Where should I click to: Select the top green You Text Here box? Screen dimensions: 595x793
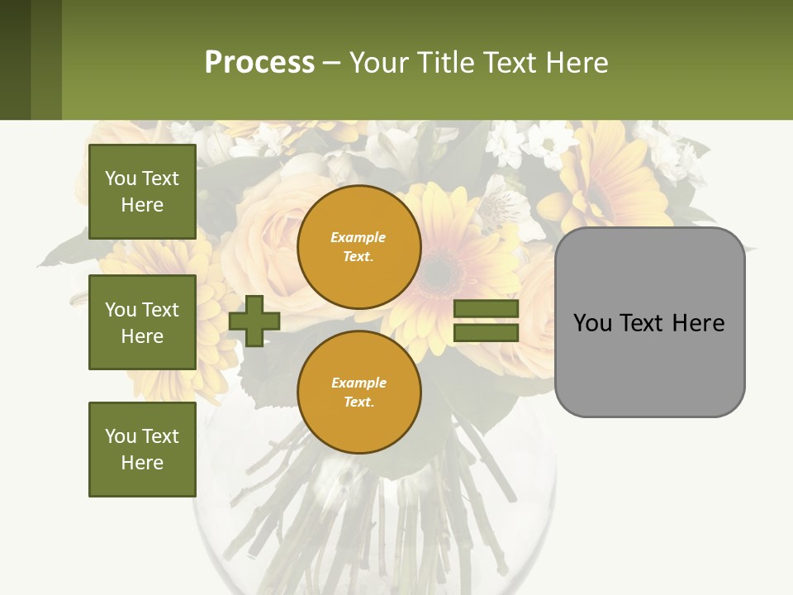click(142, 192)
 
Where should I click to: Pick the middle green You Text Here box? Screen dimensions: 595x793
click(142, 322)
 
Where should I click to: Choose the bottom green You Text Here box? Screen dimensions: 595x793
click(142, 449)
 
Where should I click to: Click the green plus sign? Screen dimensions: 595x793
click(254, 321)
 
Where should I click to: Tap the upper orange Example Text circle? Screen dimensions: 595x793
click(359, 247)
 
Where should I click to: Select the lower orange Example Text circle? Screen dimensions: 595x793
click(359, 392)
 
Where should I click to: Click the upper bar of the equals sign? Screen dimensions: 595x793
click(486, 309)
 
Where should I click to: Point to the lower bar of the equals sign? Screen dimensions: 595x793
click(486, 333)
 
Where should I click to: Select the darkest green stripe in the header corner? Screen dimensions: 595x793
click(15, 59)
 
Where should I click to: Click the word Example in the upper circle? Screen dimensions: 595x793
click(359, 237)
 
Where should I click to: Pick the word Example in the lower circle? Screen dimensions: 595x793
click(359, 383)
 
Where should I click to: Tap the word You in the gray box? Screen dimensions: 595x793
click(591, 323)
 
